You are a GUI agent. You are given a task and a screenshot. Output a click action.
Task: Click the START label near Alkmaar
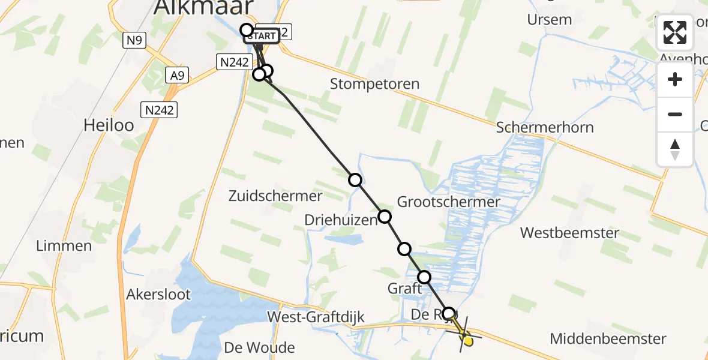click(262, 36)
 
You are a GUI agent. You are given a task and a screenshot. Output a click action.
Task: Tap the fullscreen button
click(675, 32)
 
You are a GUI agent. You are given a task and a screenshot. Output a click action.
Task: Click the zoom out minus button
click(675, 114)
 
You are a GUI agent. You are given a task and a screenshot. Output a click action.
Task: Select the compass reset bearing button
click(675, 149)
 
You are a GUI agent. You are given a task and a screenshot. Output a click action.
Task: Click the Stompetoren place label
click(374, 84)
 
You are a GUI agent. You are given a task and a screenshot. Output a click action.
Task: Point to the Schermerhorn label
click(545, 127)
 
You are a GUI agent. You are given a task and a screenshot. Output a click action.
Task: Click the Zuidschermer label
click(276, 196)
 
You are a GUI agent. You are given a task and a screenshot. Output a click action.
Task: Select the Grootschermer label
click(448, 202)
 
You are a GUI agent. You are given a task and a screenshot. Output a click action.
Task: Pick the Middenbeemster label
click(608, 338)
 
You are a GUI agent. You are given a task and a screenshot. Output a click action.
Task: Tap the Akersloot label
click(158, 294)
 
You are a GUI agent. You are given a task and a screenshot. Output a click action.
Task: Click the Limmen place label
click(64, 245)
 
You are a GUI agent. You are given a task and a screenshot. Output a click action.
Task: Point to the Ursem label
click(549, 19)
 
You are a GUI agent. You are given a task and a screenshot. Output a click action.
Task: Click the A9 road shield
click(177, 75)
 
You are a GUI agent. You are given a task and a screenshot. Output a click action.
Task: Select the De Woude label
click(259, 347)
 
